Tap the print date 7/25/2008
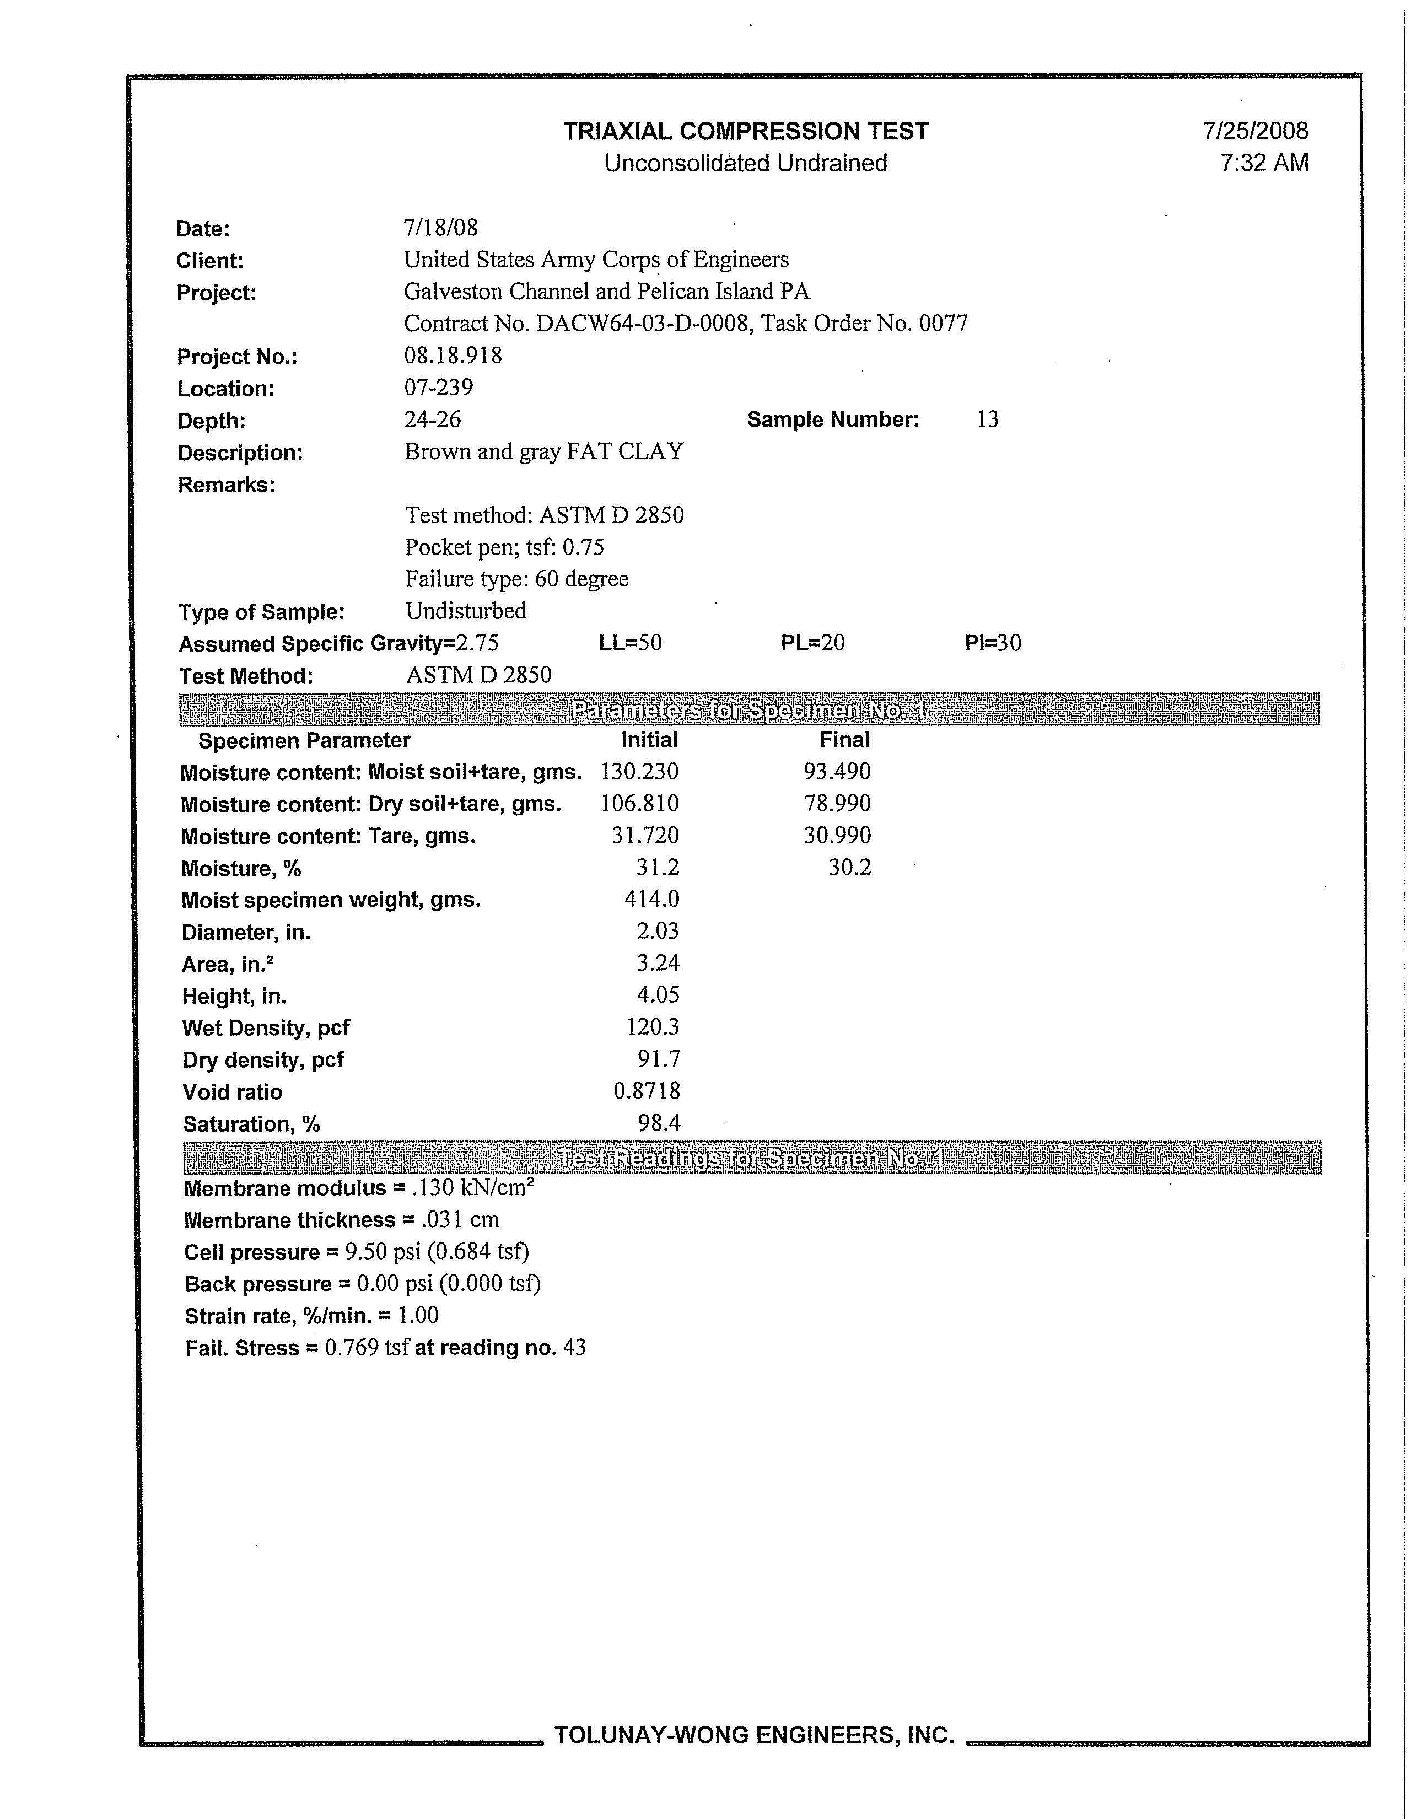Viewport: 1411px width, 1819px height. pos(1255,132)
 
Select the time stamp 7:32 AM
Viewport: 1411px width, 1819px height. pos(1264,163)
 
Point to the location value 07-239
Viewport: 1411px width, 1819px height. pos(438,388)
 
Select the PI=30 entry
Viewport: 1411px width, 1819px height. pos(992,643)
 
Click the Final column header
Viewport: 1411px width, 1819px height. pos(844,740)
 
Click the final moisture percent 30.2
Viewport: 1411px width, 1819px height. pos(849,868)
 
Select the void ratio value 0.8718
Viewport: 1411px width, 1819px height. pos(647,1091)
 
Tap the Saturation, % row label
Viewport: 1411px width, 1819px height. pos(251,1124)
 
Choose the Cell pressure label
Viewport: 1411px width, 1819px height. pos(251,1253)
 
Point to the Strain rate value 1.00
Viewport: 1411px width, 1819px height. pos(418,1316)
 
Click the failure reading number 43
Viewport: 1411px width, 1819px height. pos(574,1348)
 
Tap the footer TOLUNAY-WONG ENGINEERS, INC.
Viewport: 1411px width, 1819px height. pos(754,1735)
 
